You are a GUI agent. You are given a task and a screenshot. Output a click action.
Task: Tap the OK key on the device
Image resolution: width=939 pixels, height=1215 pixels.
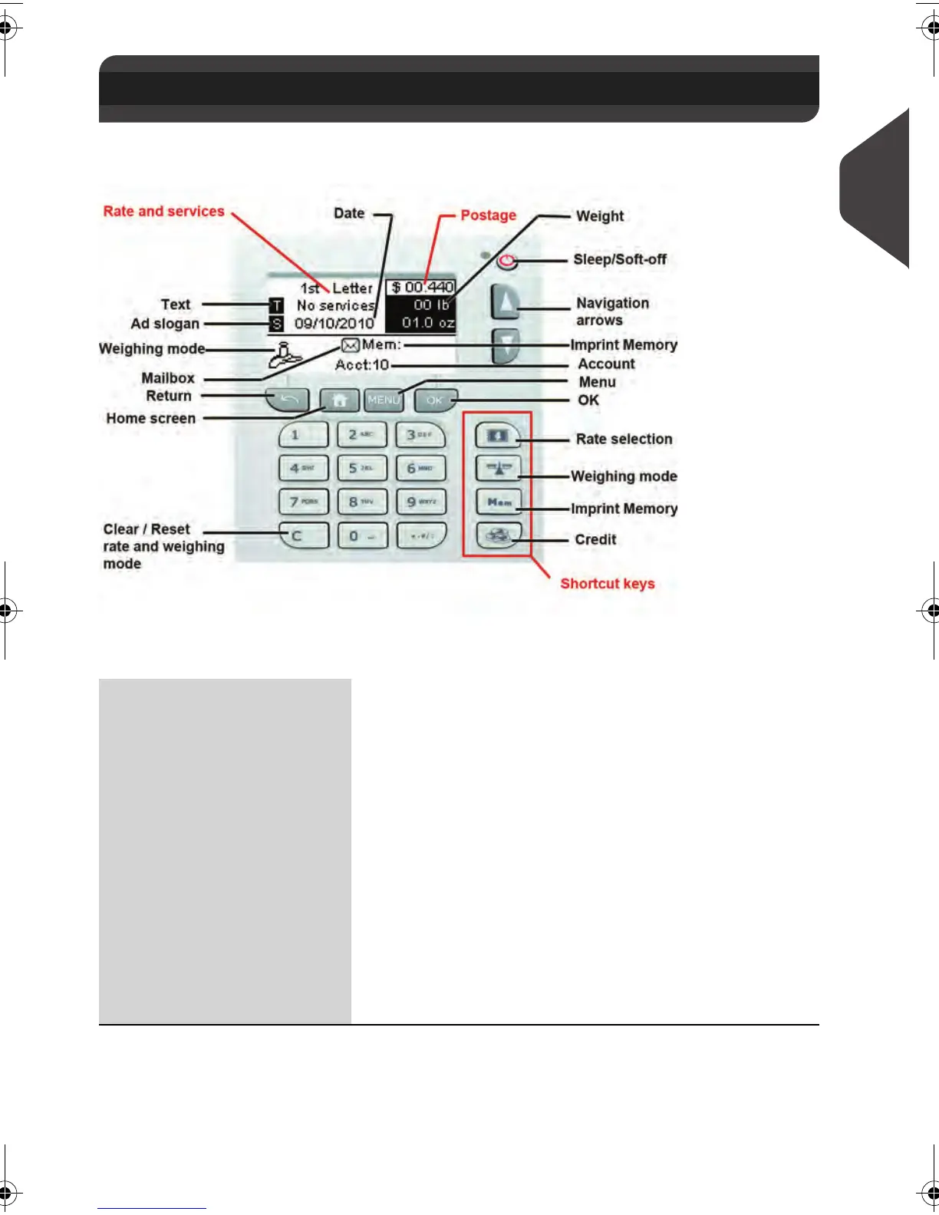(435, 400)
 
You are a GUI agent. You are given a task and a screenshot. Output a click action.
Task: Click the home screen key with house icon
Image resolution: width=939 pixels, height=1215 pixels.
(340, 400)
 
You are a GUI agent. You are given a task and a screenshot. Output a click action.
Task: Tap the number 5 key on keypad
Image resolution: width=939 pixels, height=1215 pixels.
(362, 468)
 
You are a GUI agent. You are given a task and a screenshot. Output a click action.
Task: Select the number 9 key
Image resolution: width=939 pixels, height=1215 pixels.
(421, 502)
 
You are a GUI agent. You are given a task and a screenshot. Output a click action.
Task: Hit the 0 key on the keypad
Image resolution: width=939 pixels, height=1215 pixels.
(362, 535)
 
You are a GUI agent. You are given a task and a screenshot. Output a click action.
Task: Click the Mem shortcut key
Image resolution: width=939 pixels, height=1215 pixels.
(499, 502)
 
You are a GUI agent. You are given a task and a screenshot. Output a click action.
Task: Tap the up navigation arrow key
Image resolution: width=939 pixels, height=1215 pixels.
(505, 303)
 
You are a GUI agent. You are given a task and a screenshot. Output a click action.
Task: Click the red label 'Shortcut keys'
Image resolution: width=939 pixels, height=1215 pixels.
(608, 584)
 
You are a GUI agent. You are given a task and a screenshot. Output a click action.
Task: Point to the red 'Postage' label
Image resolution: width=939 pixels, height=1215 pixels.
(488, 216)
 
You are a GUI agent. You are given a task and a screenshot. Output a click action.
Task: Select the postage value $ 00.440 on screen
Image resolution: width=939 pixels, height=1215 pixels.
(422, 287)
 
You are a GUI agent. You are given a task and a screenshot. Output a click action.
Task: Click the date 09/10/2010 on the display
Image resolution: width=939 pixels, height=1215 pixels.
(334, 323)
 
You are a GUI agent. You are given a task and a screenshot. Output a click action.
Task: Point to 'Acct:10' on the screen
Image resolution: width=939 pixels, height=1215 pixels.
(362, 364)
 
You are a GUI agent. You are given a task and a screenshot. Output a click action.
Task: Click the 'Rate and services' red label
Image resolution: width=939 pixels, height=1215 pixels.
(164, 212)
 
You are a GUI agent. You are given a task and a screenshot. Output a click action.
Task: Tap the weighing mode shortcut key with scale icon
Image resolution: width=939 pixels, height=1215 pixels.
(499, 468)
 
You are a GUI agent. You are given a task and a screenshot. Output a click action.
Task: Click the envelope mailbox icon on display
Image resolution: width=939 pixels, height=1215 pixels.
(350, 345)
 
